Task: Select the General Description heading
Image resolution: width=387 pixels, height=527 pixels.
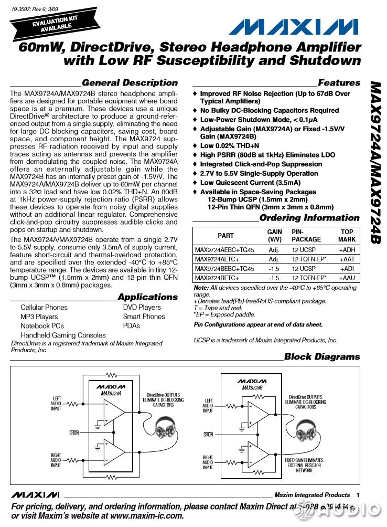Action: coord(130,83)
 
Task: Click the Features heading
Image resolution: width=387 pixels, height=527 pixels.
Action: coord(339,83)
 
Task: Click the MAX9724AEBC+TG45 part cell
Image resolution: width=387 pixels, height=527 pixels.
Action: coord(224,250)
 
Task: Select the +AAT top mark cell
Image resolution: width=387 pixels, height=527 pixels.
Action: coord(347,259)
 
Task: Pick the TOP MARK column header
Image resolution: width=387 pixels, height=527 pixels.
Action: coord(347,236)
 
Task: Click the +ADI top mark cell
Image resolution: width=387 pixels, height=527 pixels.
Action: coord(347,268)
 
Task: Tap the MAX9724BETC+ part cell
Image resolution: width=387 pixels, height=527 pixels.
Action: coord(217,278)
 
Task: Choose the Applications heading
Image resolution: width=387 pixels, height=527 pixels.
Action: coord(147,297)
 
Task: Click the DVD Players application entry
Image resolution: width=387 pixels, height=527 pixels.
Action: coord(142,308)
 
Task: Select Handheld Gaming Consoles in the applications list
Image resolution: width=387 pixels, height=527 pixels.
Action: coord(63,335)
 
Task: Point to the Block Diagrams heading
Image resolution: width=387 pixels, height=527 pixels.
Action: coord(322,357)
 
